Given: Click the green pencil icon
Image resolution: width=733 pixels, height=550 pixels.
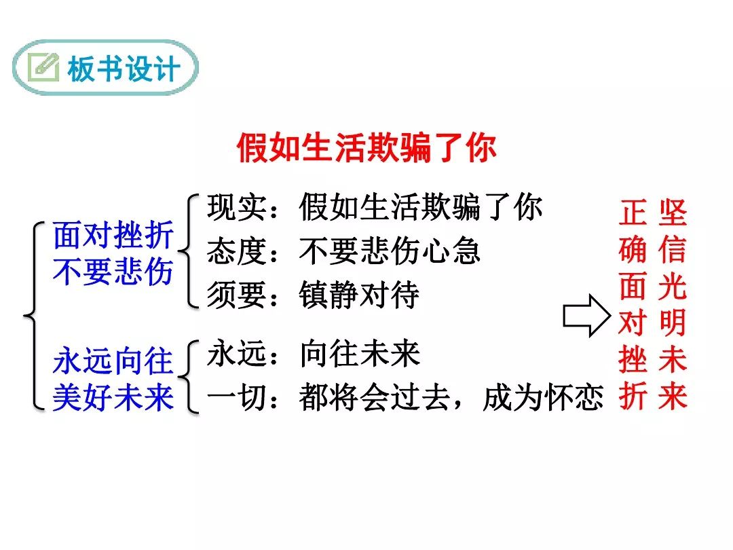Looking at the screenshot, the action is click(x=43, y=67).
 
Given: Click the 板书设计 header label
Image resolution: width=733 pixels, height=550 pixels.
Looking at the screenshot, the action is click(x=124, y=69).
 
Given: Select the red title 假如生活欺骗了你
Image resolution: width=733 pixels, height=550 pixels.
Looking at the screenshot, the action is click(x=366, y=148).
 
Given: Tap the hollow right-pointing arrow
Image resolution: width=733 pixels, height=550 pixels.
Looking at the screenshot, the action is click(x=586, y=316).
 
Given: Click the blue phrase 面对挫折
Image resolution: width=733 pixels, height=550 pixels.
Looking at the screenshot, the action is click(x=113, y=235).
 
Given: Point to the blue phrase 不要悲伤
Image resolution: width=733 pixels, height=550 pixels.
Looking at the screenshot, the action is click(x=113, y=271).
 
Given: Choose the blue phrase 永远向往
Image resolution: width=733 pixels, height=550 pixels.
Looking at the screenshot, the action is click(x=113, y=361).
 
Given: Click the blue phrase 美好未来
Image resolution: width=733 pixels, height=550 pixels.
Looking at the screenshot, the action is click(x=113, y=397).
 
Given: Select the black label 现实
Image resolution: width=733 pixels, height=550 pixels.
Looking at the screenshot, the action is click(x=237, y=206).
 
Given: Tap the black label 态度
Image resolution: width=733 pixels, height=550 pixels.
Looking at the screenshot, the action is click(x=237, y=251).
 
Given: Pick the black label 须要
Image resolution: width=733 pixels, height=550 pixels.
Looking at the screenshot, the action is click(x=237, y=295).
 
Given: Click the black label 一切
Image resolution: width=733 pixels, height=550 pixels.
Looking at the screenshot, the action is click(x=237, y=397).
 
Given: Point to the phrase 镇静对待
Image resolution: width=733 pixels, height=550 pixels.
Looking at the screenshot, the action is click(x=359, y=295).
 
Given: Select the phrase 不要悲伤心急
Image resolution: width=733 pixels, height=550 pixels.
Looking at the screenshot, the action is click(x=390, y=251).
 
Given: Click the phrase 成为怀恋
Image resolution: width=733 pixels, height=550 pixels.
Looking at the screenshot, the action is click(x=543, y=397).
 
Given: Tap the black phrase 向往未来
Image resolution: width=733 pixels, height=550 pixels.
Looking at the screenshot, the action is click(x=360, y=354).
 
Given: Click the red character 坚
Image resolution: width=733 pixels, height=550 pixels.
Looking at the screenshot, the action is click(x=673, y=213).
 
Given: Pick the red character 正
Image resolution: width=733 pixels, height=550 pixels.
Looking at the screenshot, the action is click(x=633, y=213).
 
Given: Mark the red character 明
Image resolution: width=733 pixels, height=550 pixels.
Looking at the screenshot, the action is click(x=673, y=323).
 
